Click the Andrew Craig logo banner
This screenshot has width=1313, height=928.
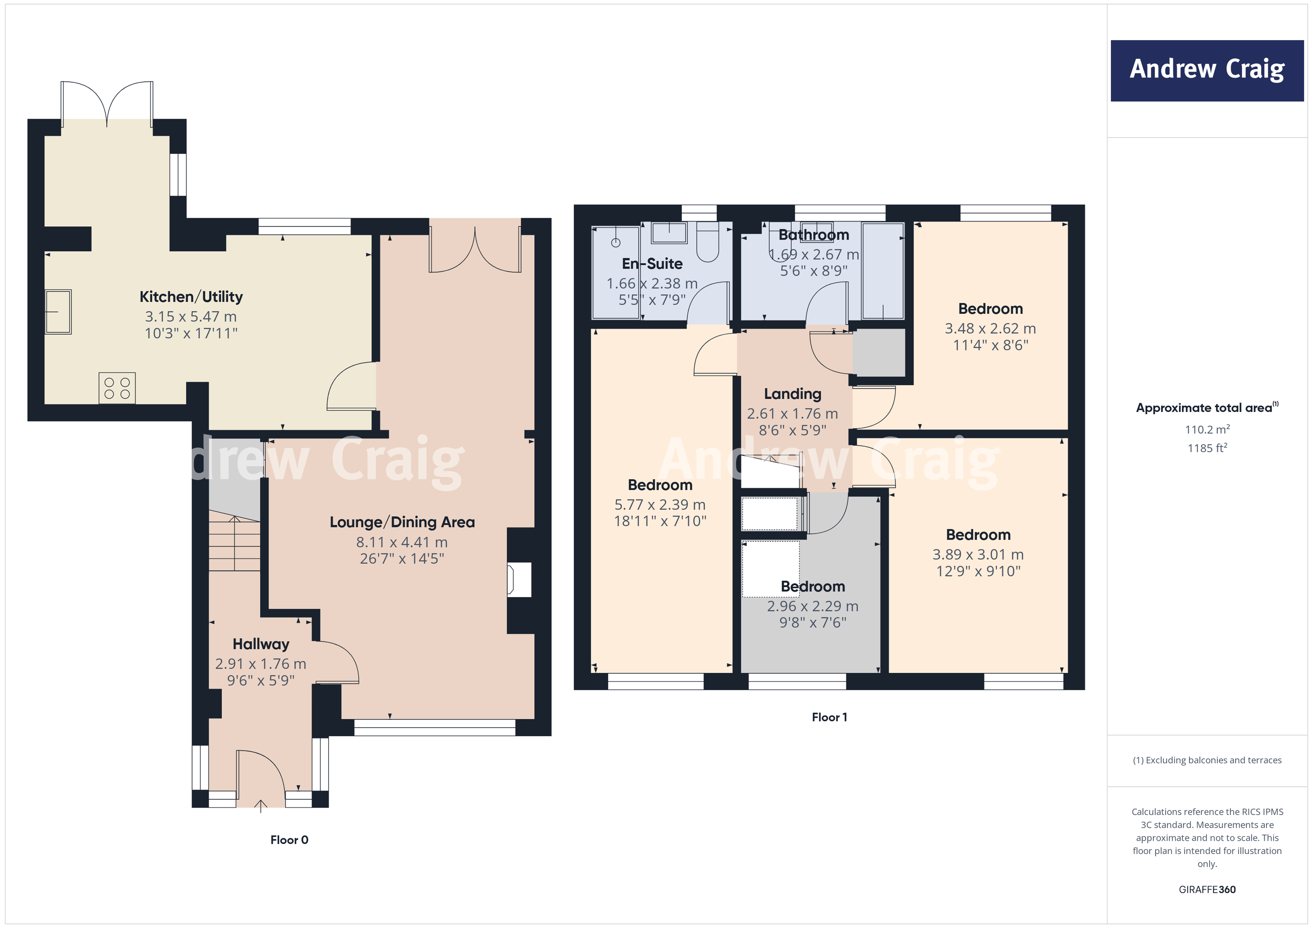pyautogui.click(x=1207, y=70)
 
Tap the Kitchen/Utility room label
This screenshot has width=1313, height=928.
pyautogui.click(x=191, y=297)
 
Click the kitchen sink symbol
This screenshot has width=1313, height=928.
pyautogui.click(x=58, y=311)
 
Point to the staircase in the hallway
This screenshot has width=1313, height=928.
pyautogui.click(x=234, y=543)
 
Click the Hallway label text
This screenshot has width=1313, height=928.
pyautogui.click(x=261, y=644)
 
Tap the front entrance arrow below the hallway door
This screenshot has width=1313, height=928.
pyautogui.click(x=261, y=806)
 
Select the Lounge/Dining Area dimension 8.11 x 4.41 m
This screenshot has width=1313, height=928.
pyautogui.click(x=401, y=542)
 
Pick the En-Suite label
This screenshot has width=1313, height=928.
pyautogui.click(x=652, y=264)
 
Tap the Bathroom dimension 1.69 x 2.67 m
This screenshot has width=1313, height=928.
pyautogui.click(x=813, y=254)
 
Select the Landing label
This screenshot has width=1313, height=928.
pyautogui.click(x=792, y=394)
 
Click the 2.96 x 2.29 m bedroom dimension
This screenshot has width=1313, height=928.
pyautogui.click(x=812, y=606)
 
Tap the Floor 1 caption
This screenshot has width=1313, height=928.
pyautogui.click(x=829, y=717)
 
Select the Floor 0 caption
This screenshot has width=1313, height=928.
pyautogui.click(x=289, y=839)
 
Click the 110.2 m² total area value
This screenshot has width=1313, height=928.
pyautogui.click(x=1207, y=429)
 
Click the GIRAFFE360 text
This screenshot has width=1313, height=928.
pyautogui.click(x=1207, y=889)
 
